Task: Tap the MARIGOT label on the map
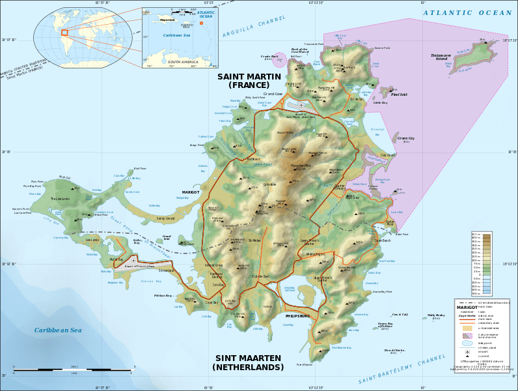pyautogui.click(x=191, y=192)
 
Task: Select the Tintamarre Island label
pyautogui.click(x=441, y=57)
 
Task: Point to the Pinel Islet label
pyautogui.click(x=400, y=94)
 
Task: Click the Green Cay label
pyautogui.click(x=406, y=138)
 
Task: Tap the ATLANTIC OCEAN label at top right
pyautogui.click(x=467, y=13)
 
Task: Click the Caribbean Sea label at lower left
pyautogui.click(x=58, y=330)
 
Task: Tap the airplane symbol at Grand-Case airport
pyautogui.click(x=301, y=104)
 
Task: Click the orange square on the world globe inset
pyautogui.click(x=64, y=31)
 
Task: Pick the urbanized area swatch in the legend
pyautogui.click(x=467, y=328)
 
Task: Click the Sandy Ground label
pyautogui.click(x=165, y=218)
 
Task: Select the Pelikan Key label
pyautogui.click(x=163, y=295)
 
